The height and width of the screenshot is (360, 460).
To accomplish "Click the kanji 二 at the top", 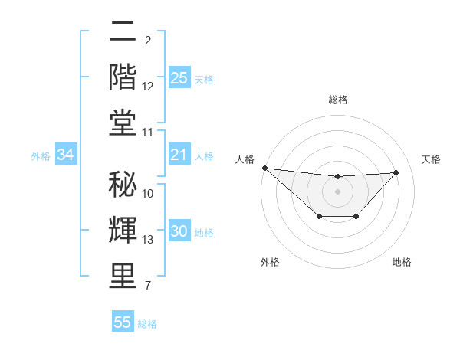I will pos(123,32).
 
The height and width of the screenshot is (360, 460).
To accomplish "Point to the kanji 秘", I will pos(123,184).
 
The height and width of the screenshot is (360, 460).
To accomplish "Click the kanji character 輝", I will pos(123,230).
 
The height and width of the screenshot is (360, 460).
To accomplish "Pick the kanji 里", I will pos(123,276).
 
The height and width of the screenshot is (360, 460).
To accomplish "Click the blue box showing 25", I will pos(179,77).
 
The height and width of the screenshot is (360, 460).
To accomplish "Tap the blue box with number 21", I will pos(179,155).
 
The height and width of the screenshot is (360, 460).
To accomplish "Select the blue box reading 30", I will pos(179,232).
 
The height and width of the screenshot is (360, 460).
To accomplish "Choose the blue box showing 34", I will pos(65,155).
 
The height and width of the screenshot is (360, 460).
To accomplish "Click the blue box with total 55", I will pos(123,322).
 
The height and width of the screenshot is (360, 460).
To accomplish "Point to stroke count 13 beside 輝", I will pos(148,240).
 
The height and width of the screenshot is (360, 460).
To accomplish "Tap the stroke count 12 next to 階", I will pos(148,87).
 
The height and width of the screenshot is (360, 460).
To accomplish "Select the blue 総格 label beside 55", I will pos(147,324).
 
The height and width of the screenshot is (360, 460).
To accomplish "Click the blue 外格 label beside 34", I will pos(41,156).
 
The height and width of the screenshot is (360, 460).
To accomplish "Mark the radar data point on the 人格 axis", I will pos(264,168).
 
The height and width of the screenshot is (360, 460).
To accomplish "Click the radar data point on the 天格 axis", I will pos(396,172).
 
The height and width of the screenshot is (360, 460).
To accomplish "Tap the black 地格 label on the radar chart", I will pos(402,262).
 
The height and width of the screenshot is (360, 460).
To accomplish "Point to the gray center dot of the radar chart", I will pos(337,191).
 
